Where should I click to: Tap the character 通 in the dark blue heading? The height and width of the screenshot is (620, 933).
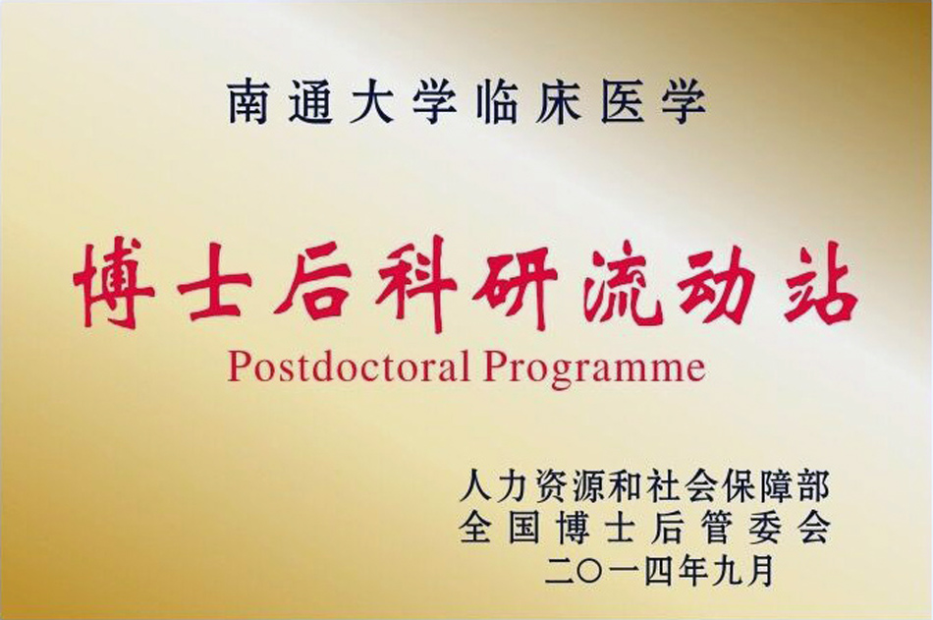tap(310, 103)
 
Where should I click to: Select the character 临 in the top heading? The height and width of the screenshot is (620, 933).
tap(498, 103)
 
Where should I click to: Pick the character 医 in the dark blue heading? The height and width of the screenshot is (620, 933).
tap(623, 103)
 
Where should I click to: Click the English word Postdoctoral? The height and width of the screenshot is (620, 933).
tap(349, 366)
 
